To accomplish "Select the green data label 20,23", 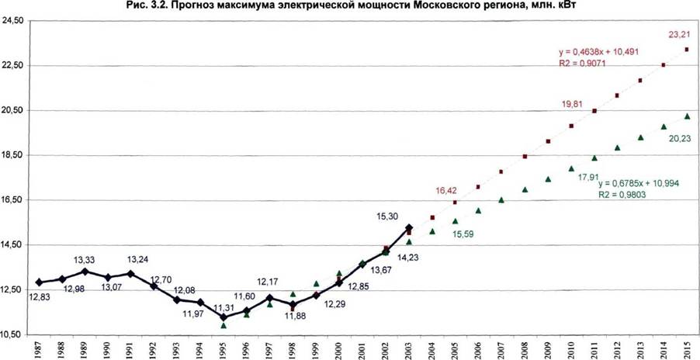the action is pyautogui.click(x=680, y=139).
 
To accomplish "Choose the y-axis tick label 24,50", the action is pyautogui.click(x=13, y=21).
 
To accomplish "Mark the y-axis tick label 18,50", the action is pyautogui.click(x=13, y=155).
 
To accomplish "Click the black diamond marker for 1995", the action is pyautogui.click(x=224, y=317).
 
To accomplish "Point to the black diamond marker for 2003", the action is pyautogui.click(x=409, y=228).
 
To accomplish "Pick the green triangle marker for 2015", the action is pyautogui.click(x=687, y=116).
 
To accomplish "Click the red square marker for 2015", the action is pyautogui.click(x=687, y=50).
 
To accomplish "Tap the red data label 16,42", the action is pyautogui.click(x=446, y=191).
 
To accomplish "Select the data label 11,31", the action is pyautogui.click(x=224, y=308).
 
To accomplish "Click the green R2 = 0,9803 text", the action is pyautogui.click(x=622, y=195).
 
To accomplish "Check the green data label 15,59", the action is pyautogui.click(x=463, y=234).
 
